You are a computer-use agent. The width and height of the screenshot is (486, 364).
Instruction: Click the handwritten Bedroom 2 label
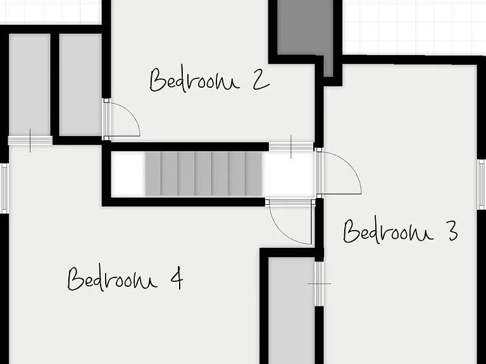(209, 79)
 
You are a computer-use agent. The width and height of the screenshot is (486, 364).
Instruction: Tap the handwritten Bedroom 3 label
(400, 231)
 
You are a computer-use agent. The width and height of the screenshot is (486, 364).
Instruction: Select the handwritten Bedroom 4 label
(125, 278)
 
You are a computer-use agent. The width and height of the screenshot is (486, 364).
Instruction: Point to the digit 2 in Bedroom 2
(261, 80)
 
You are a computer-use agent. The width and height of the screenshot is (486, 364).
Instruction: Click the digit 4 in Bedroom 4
(177, 278)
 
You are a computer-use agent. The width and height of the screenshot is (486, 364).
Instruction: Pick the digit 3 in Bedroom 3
(452, 231)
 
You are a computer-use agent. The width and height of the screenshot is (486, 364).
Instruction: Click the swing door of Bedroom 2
(121, 119)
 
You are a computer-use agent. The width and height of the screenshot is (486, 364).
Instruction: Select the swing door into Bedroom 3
(339, 173)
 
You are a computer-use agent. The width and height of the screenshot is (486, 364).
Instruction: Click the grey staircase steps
(203, 174)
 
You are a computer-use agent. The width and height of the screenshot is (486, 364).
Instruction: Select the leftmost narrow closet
(30, 85)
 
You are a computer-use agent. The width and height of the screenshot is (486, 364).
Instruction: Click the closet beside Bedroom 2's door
(80, 85)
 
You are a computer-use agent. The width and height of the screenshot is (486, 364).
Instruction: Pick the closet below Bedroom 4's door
(291, 311)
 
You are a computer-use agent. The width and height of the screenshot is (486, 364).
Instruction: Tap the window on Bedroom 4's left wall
(4, 188)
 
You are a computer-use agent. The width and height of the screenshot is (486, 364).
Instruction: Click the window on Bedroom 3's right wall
(481, 185)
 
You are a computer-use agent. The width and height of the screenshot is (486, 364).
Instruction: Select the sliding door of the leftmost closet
(30, 141)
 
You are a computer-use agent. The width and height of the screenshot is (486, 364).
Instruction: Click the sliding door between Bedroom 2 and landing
(291, 147)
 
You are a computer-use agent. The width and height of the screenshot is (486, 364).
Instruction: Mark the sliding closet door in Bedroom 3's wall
(319, 284)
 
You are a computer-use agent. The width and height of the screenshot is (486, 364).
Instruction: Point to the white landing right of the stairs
(289, 174)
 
